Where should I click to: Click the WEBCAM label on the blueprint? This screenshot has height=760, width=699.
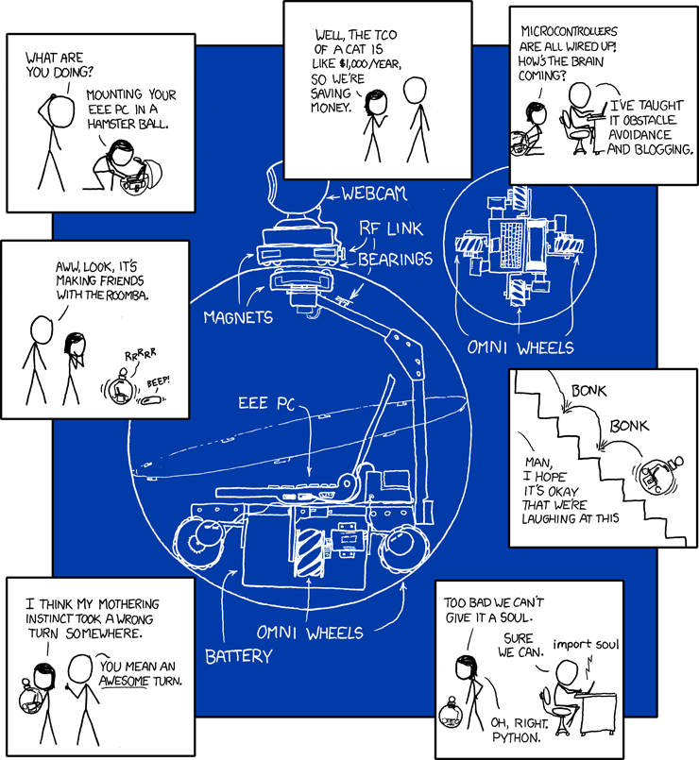374,194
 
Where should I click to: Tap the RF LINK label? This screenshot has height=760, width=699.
390,228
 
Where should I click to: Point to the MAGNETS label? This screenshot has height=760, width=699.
238,316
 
